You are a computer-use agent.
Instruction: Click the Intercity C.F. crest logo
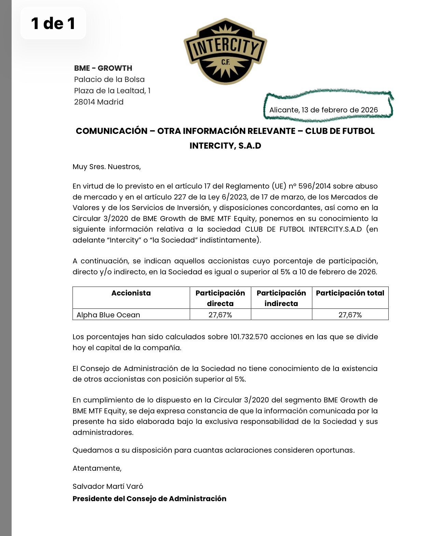(225, 51)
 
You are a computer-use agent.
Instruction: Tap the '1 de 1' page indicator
(53, 23)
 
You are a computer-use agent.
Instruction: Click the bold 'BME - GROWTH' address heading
(103, 68)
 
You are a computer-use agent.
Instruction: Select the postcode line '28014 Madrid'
(99, 102)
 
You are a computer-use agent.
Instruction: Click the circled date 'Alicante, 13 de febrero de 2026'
(323, 110)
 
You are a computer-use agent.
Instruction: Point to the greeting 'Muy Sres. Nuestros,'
(107, 167)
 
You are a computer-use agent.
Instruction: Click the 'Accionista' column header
(131, 293)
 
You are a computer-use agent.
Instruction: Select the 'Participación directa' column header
(220, 298)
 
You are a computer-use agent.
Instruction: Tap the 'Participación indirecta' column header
(281, 298)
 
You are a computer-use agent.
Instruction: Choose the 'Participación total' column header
(350, 293)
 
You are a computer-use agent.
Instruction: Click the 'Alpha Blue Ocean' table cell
(108, 315)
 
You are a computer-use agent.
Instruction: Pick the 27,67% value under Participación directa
(220, 315)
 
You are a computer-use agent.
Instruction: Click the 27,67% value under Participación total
(350, 315)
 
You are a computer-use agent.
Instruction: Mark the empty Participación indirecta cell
(281, 315)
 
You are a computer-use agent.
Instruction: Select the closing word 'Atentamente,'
(97, 468)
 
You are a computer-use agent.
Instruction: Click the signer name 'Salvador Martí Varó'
(108, 486)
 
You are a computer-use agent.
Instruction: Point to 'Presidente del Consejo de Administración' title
(149, 499)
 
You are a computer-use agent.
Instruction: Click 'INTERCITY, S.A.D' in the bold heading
(225, 146)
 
